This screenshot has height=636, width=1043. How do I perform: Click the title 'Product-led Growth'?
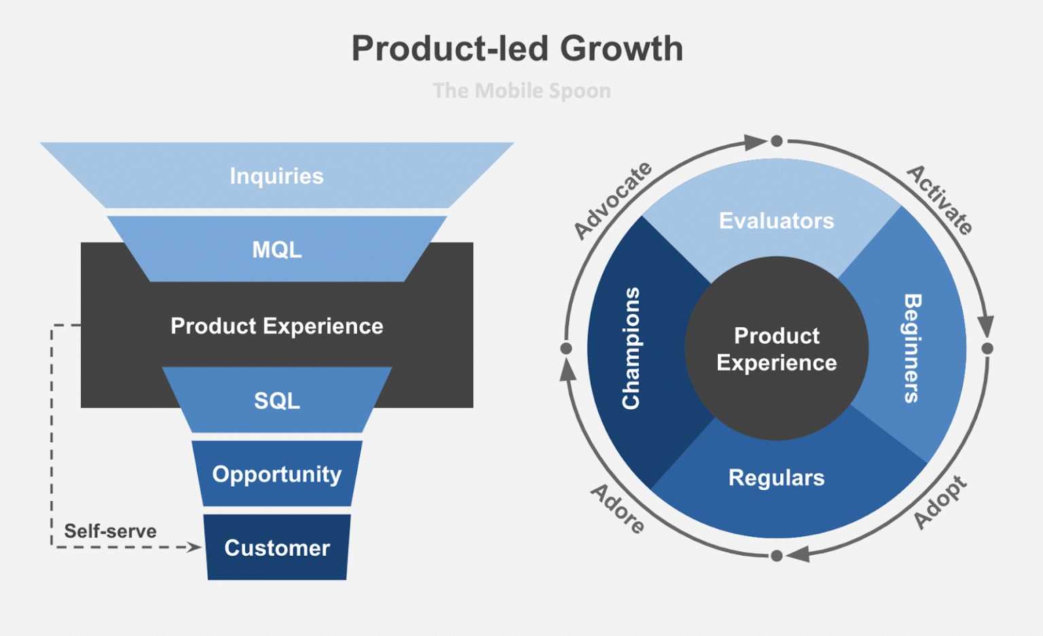point(517,49)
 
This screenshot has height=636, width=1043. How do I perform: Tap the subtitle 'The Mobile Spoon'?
point(521,90)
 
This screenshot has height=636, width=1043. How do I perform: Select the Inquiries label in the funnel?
point(276,176)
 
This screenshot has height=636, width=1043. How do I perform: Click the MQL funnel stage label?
point(277,250)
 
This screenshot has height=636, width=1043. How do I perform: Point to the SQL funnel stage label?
point(277,400)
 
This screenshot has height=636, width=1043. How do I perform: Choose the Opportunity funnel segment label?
point(277,474)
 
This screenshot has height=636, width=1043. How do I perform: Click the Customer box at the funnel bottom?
point(277,548)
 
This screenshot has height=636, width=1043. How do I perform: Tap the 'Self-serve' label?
point(110,531)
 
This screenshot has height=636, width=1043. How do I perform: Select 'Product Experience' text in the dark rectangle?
point(276,326)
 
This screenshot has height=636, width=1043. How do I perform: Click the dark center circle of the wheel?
point(776,349)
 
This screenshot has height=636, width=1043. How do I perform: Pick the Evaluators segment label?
point(776,221)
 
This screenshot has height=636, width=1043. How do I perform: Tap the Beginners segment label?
point(912,348)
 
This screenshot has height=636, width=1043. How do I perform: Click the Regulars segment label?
point(776,478)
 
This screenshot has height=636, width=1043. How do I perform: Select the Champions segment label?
point(631,348)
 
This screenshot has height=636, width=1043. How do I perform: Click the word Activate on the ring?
point(940,200)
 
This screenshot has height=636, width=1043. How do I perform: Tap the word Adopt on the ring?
point(940,502)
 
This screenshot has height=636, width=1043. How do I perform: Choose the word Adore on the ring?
point(617,508)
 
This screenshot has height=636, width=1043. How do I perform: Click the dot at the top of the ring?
point(777,141)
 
